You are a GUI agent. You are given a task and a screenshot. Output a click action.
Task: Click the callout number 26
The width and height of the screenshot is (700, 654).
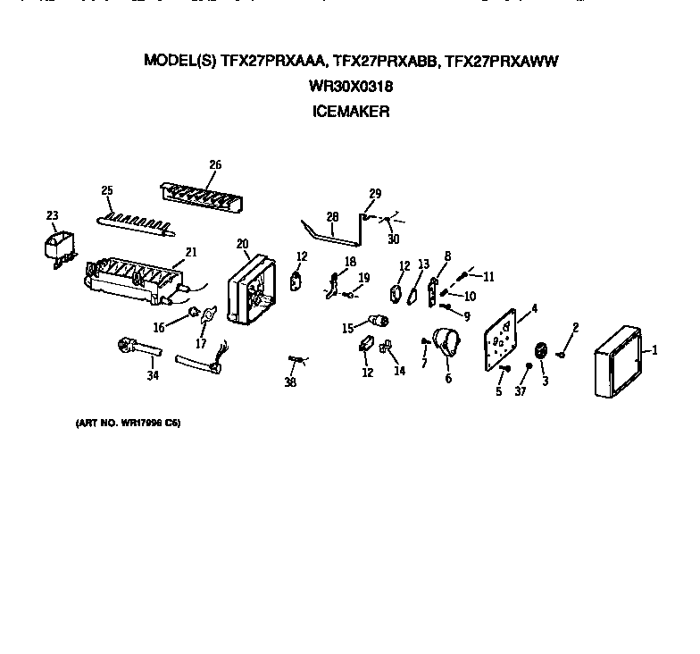click(215, 164)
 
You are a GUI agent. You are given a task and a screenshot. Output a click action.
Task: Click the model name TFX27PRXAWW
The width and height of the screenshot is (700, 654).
click(507, 62)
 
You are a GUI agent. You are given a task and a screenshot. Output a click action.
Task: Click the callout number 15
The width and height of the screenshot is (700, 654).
click(347, 328)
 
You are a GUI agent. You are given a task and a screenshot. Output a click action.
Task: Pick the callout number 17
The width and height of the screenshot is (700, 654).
click(202, 343)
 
